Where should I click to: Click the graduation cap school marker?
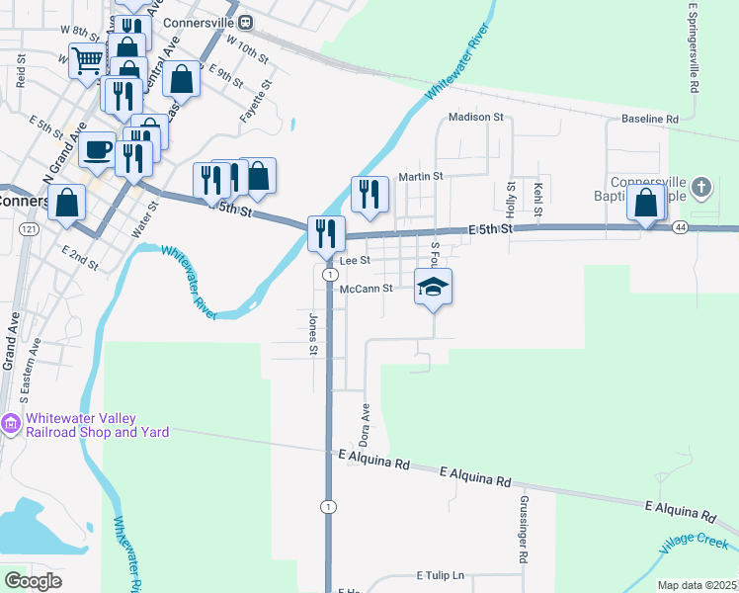pyautogui.click(x=433, y=287)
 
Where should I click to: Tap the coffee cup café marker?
pyautogui.click(x=97, y=150)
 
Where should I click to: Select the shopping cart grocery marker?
pyautogui.click(x=87, y=62)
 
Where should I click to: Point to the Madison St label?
pyautogui.click(x=476, y=117)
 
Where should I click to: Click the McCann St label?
pyautogui.click(x=367, y=289)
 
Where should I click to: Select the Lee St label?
pyautogui.click(x=354, y=261)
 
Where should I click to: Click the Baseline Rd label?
pyautogui.click(x=650, y=120)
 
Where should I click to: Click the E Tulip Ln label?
pyautogui.click(x=440, y=575)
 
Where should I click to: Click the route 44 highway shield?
pyautogui.click(x=680, y=227)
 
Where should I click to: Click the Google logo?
pyautogui.click(x=33, y=580)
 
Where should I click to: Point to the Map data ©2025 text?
pyautogui.click(x=696, y=585)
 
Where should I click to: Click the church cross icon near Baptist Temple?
pyautogui.click(x=700, y=186)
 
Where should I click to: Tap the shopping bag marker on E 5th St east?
pyautogui.click(x=645, y=204)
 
